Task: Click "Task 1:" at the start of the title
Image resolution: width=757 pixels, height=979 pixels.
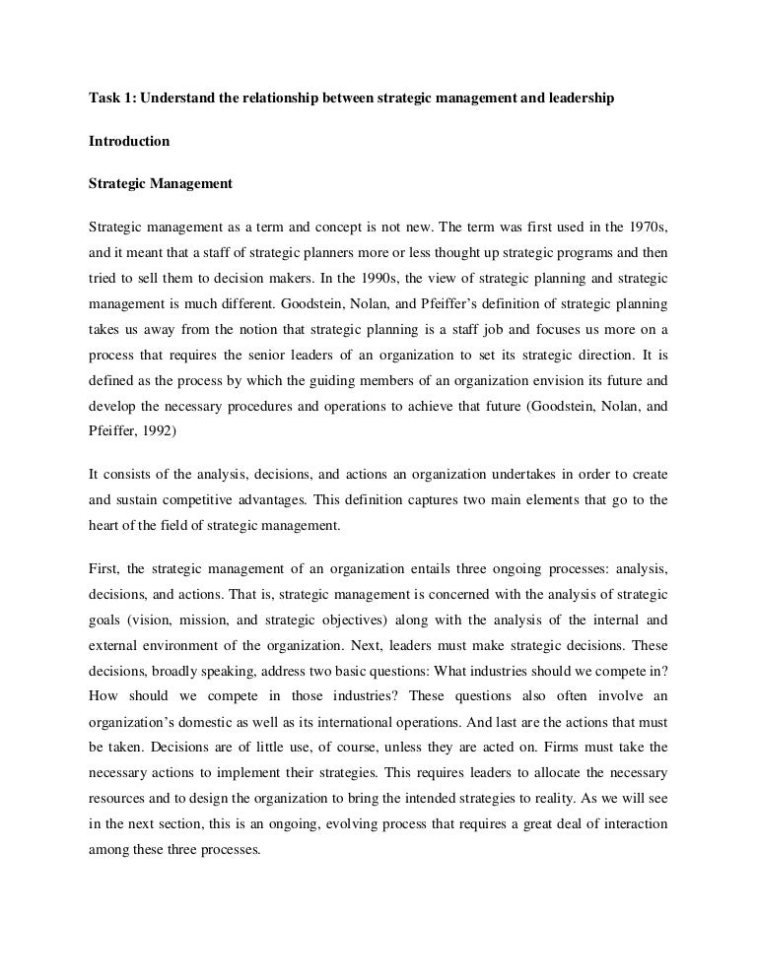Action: tap(108, 100)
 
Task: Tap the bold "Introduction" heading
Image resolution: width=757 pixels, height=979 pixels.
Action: tap(129, 142)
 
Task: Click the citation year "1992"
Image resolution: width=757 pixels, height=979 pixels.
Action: tap(172, 431)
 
